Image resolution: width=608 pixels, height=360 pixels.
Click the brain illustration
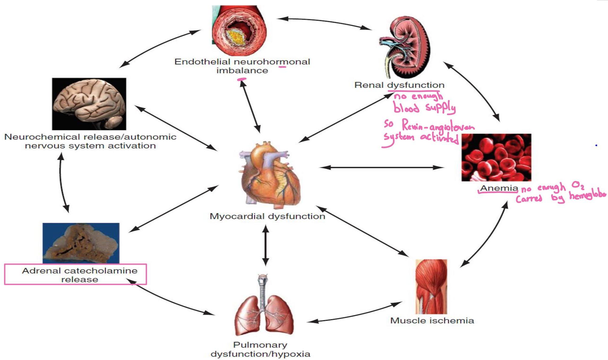tap(89, 104)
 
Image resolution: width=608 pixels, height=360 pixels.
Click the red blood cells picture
tap(496, 157)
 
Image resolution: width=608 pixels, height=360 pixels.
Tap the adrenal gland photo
tap(81, 243)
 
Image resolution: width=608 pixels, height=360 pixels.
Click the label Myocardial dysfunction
tap(267, 216)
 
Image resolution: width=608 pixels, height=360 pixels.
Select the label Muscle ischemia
tap(432, 320)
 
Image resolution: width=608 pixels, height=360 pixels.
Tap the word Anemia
tap(499, 188)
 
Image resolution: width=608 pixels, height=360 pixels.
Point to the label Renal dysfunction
tap(399, 85)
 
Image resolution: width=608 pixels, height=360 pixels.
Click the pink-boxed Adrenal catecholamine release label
tap(79, 275)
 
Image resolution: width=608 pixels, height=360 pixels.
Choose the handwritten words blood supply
tap(424, 108)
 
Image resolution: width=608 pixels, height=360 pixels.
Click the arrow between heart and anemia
tap(381, 167)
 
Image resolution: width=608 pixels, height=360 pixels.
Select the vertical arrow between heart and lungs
tap(265, 245)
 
